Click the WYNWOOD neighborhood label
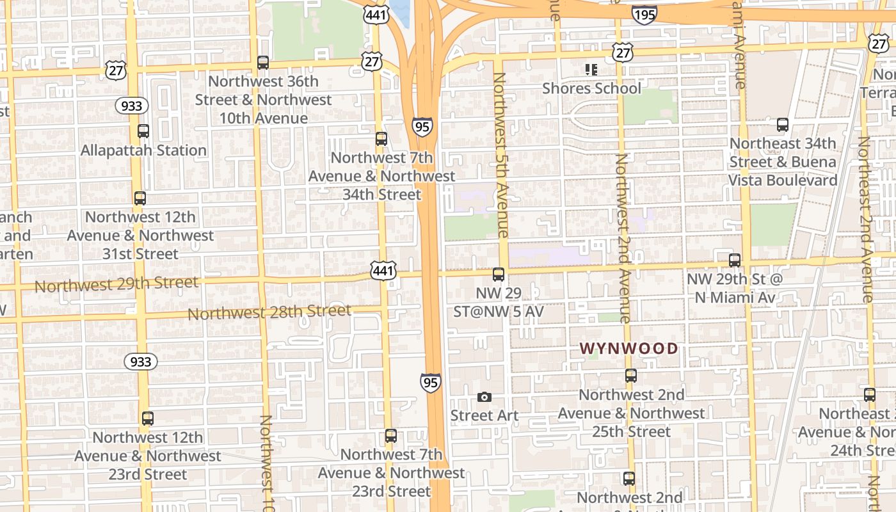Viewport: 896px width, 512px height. point(628,348)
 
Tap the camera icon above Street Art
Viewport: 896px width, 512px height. point(484,397)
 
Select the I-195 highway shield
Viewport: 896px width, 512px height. point(644,14)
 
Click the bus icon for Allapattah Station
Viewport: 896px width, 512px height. point(143,131)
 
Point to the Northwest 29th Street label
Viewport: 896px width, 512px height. point(116,284)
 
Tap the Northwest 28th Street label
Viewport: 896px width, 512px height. point(269,312)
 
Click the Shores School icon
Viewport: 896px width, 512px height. point(591,69)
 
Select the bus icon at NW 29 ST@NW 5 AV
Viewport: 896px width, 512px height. point(499,275)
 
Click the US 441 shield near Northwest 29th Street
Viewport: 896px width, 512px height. point(383,271)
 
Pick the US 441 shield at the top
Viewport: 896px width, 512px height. point(376,14)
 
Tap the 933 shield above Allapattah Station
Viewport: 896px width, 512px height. point(131,106)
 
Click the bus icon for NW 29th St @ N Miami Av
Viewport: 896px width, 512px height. point(735,260)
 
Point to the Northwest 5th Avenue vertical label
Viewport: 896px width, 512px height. point(501,155)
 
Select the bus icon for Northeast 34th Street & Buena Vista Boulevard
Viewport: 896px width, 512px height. point(782,125)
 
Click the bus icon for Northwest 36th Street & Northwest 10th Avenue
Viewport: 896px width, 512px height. point(263,63)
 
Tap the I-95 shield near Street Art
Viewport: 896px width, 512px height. point(431,383)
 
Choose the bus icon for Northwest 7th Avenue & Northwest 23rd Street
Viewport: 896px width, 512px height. point(391,436)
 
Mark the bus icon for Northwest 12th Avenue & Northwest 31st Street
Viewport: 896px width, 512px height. point(140,198)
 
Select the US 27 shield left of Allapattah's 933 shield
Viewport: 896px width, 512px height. point(116,70)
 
